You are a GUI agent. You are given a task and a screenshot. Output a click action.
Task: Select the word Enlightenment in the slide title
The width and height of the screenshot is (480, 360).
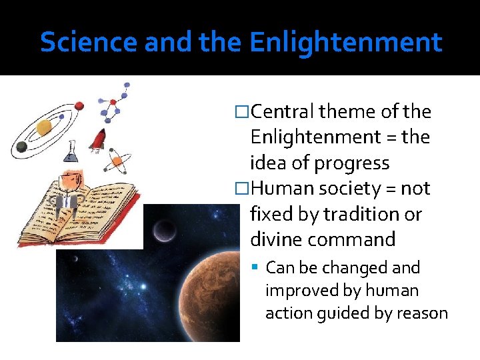(345, 42)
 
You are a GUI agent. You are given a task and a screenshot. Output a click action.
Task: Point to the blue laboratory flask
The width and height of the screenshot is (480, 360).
(70, 151)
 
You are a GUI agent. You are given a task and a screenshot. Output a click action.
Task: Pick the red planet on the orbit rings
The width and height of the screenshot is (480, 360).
(78, 107)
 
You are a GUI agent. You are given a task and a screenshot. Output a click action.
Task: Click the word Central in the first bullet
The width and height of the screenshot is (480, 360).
(283, 112)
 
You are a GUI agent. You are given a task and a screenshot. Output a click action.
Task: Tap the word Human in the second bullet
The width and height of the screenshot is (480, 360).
(281, 189)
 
